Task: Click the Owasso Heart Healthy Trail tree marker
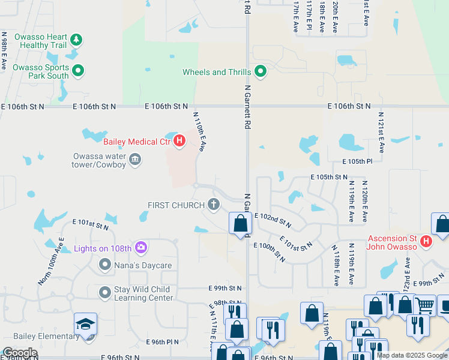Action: (76, 40)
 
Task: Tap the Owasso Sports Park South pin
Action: (78, 71)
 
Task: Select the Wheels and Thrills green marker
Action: (260, 72)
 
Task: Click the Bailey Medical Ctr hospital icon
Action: (179, 142)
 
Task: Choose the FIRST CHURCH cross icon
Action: (214, 205)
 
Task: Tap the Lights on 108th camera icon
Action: (141, 247)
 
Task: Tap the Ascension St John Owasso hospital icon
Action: (426, 241)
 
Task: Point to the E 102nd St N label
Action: (273, 220)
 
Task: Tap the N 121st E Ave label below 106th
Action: (381, 131)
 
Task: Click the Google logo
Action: (20, 353)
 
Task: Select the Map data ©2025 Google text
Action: (412, 355)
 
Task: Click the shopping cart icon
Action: (424, 305)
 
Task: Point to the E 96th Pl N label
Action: (163, 341)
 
